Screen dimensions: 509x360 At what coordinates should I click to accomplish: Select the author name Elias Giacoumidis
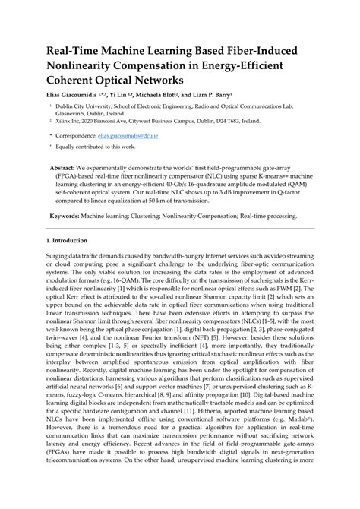pos(72,96)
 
